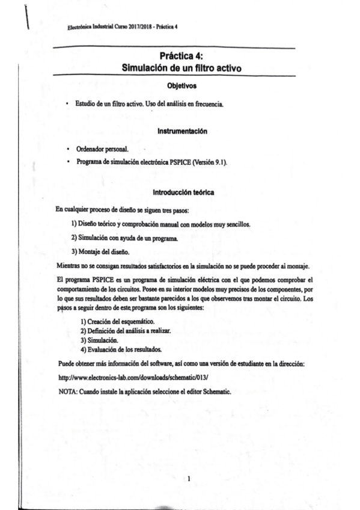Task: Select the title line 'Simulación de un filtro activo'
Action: pyautogui.click(x=174, y=68)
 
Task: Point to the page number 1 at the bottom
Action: pyautogui.click(x=189, y=479)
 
